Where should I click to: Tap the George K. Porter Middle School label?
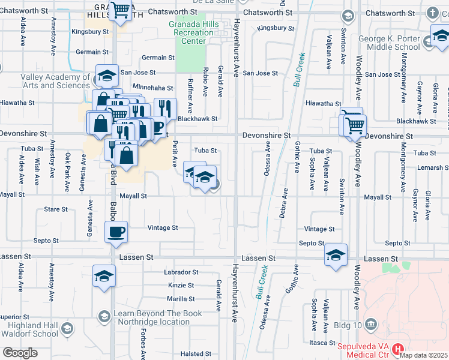click(x=389, y=43)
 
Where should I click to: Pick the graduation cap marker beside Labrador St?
click(x=104, y=276)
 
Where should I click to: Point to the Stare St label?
click(x=56, y=209)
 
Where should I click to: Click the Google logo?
click(x=20, y=353)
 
